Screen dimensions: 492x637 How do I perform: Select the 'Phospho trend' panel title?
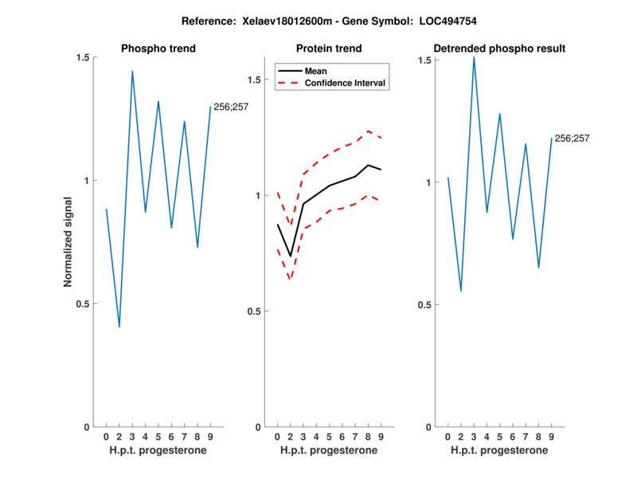(x=158, y=49)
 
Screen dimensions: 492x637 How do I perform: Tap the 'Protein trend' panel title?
(x=329, y=49)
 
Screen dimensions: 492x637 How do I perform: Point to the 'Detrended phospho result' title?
(x=499, y=49)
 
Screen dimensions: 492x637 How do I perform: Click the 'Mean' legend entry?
(x=316, y=71)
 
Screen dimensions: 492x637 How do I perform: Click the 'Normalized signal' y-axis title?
(x=68, y=242)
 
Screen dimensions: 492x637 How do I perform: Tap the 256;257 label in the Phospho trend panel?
(x=231, y=107)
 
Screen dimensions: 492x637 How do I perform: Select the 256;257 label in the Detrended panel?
(x=572, y=139)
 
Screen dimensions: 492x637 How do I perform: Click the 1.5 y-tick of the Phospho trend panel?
(x=82, y=57)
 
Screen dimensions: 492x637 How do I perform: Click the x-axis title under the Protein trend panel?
(x=329, y=450)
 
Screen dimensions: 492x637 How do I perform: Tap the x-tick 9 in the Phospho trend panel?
(x=210, y=436)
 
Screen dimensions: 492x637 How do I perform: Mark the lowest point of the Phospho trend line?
(x=119, y=326)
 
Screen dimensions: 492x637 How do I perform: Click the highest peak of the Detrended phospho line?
(x=474, y=57)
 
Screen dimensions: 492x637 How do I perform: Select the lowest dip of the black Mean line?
(x=291, y=256)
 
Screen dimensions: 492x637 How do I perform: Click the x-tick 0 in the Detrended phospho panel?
(x=447, y=436)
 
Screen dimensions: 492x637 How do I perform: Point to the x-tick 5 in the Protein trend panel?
(x=329, y=436)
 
